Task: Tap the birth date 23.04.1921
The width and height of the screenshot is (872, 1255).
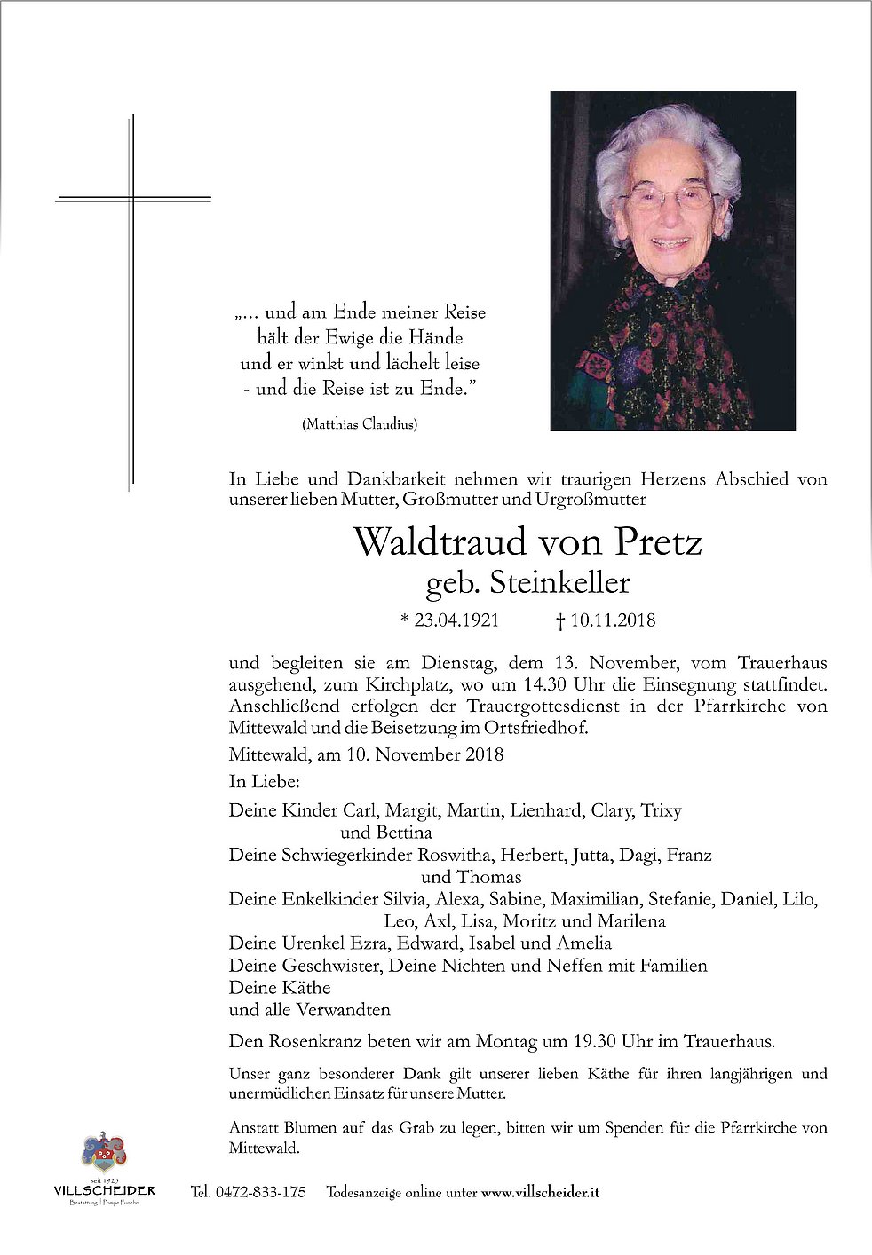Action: (x=454, y=620)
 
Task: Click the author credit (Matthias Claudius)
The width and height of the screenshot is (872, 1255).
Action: (x=360, y=424)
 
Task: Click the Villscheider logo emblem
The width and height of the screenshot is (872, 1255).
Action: (x=104, y=1153)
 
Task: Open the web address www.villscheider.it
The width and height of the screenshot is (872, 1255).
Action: (x=539, y=1192)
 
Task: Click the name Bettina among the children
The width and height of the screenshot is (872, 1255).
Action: (x=403, y=833)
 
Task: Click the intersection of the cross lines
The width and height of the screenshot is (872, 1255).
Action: (x=132, y=199)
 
